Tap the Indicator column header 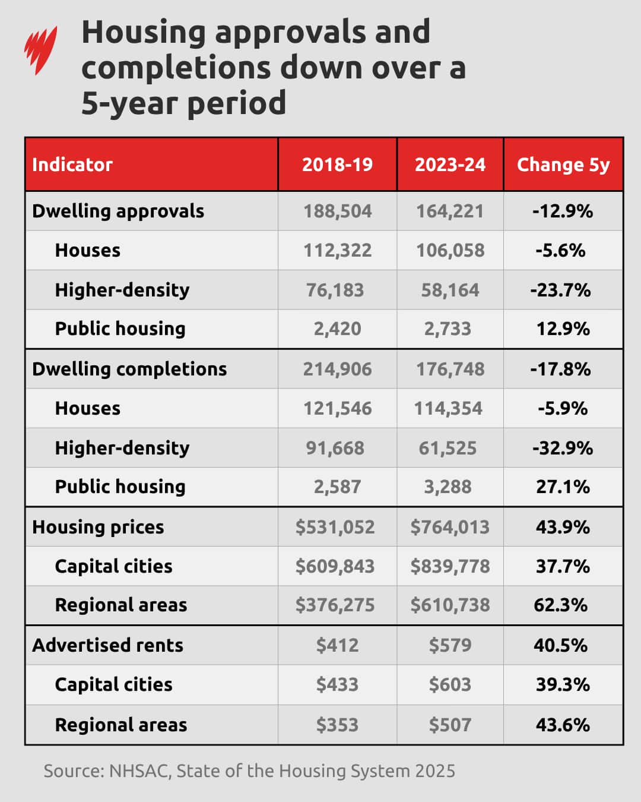pyautogui.click(x=72, y=165)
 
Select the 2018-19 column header pyautogui.click(x=337, y=165)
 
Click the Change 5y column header pyautogui.click(x=563, y=165)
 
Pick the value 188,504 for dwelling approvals pyautogui.click(x=337, y=211)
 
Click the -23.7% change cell pyautogui.click(x=560, y=290)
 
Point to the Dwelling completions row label pyautogui.click(x=129, y=369)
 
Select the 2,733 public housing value pyautogui.click(x=448, y=329)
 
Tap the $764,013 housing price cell pyautogui.click(x=450, y=527)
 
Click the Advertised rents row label pyautogui.click(x=107, y=645)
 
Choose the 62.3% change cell pyautogui.click(x=560, y=605)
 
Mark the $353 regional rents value pyautogui.click(x=337, y=725)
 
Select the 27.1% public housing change pyautogui.click(x=563, y=487)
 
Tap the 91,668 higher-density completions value pyautogui.click(x=335, y=448)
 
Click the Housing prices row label pyautogui.click(x=98, y=527)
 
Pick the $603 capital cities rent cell pyautogui.click(x=450, y=684)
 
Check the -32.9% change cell pyautogui.click(x=562, y=448)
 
